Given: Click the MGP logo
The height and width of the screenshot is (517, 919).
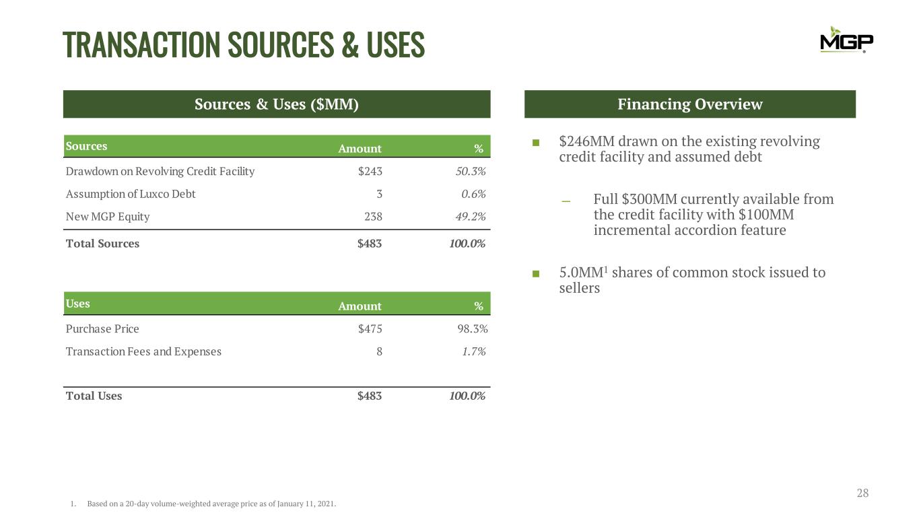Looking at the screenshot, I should [846, 40].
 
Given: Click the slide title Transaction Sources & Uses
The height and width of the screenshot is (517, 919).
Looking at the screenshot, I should [244, 44].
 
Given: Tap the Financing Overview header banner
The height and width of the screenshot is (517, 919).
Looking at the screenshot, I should [689, 104].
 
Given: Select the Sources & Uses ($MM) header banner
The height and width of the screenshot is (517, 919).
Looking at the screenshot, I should [277, 104].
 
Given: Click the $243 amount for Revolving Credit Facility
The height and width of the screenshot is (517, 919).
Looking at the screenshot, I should [370, 171].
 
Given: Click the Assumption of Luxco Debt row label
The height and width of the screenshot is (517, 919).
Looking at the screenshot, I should [131, 194].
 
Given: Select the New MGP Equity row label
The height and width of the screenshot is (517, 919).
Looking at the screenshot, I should [108, 217].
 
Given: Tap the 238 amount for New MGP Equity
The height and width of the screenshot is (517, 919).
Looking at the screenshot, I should [373, 217].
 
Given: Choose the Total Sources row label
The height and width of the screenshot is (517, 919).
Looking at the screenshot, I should [102, 244].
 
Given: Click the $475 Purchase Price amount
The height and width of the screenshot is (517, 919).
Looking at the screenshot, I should [370, 329].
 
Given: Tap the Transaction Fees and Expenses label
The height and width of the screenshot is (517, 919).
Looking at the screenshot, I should [143, 351].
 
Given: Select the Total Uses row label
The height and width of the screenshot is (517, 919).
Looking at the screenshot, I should [94, 396].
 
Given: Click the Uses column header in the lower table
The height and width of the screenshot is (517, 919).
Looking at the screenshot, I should [78, 304].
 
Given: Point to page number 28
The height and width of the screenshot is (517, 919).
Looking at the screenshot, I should [862, 493].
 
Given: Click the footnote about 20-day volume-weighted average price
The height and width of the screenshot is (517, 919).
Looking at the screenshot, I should [211, 504].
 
